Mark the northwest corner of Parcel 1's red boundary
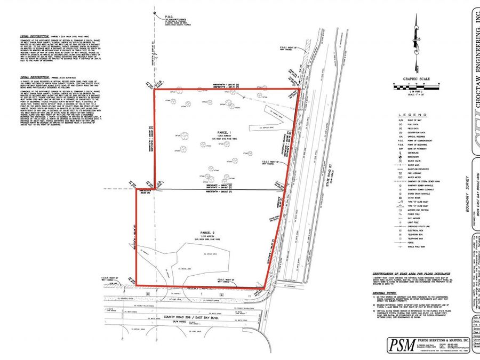click(x=154, y=90)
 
